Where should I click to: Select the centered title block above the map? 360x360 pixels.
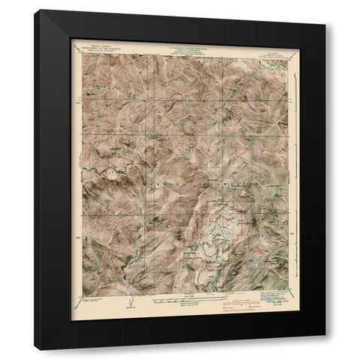pyautogui.click(x=179, y=47)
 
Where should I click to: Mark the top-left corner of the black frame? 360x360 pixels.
pyautogui.click(x=34, y=10)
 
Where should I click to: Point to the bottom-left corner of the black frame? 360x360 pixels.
pyautogui.click(x=34, y=349)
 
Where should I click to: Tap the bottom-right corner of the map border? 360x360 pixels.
pyautogui.click(x=288, y=290)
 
